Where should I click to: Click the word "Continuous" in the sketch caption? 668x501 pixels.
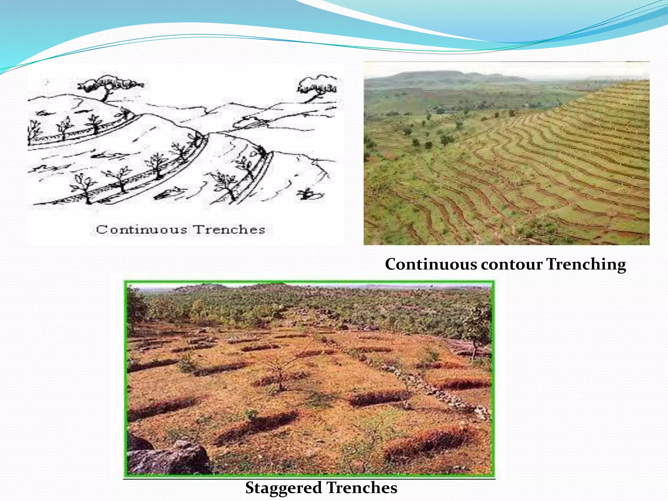click(141, 230)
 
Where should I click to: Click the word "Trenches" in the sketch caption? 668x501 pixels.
click(229, 230)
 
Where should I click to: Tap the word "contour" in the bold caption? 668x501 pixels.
click(511, 264)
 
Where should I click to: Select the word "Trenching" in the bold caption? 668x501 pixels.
click(586, 264)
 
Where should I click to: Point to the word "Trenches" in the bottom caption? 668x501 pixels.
click(362, 488)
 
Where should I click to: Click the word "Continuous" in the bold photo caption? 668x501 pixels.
click(431, 264)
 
